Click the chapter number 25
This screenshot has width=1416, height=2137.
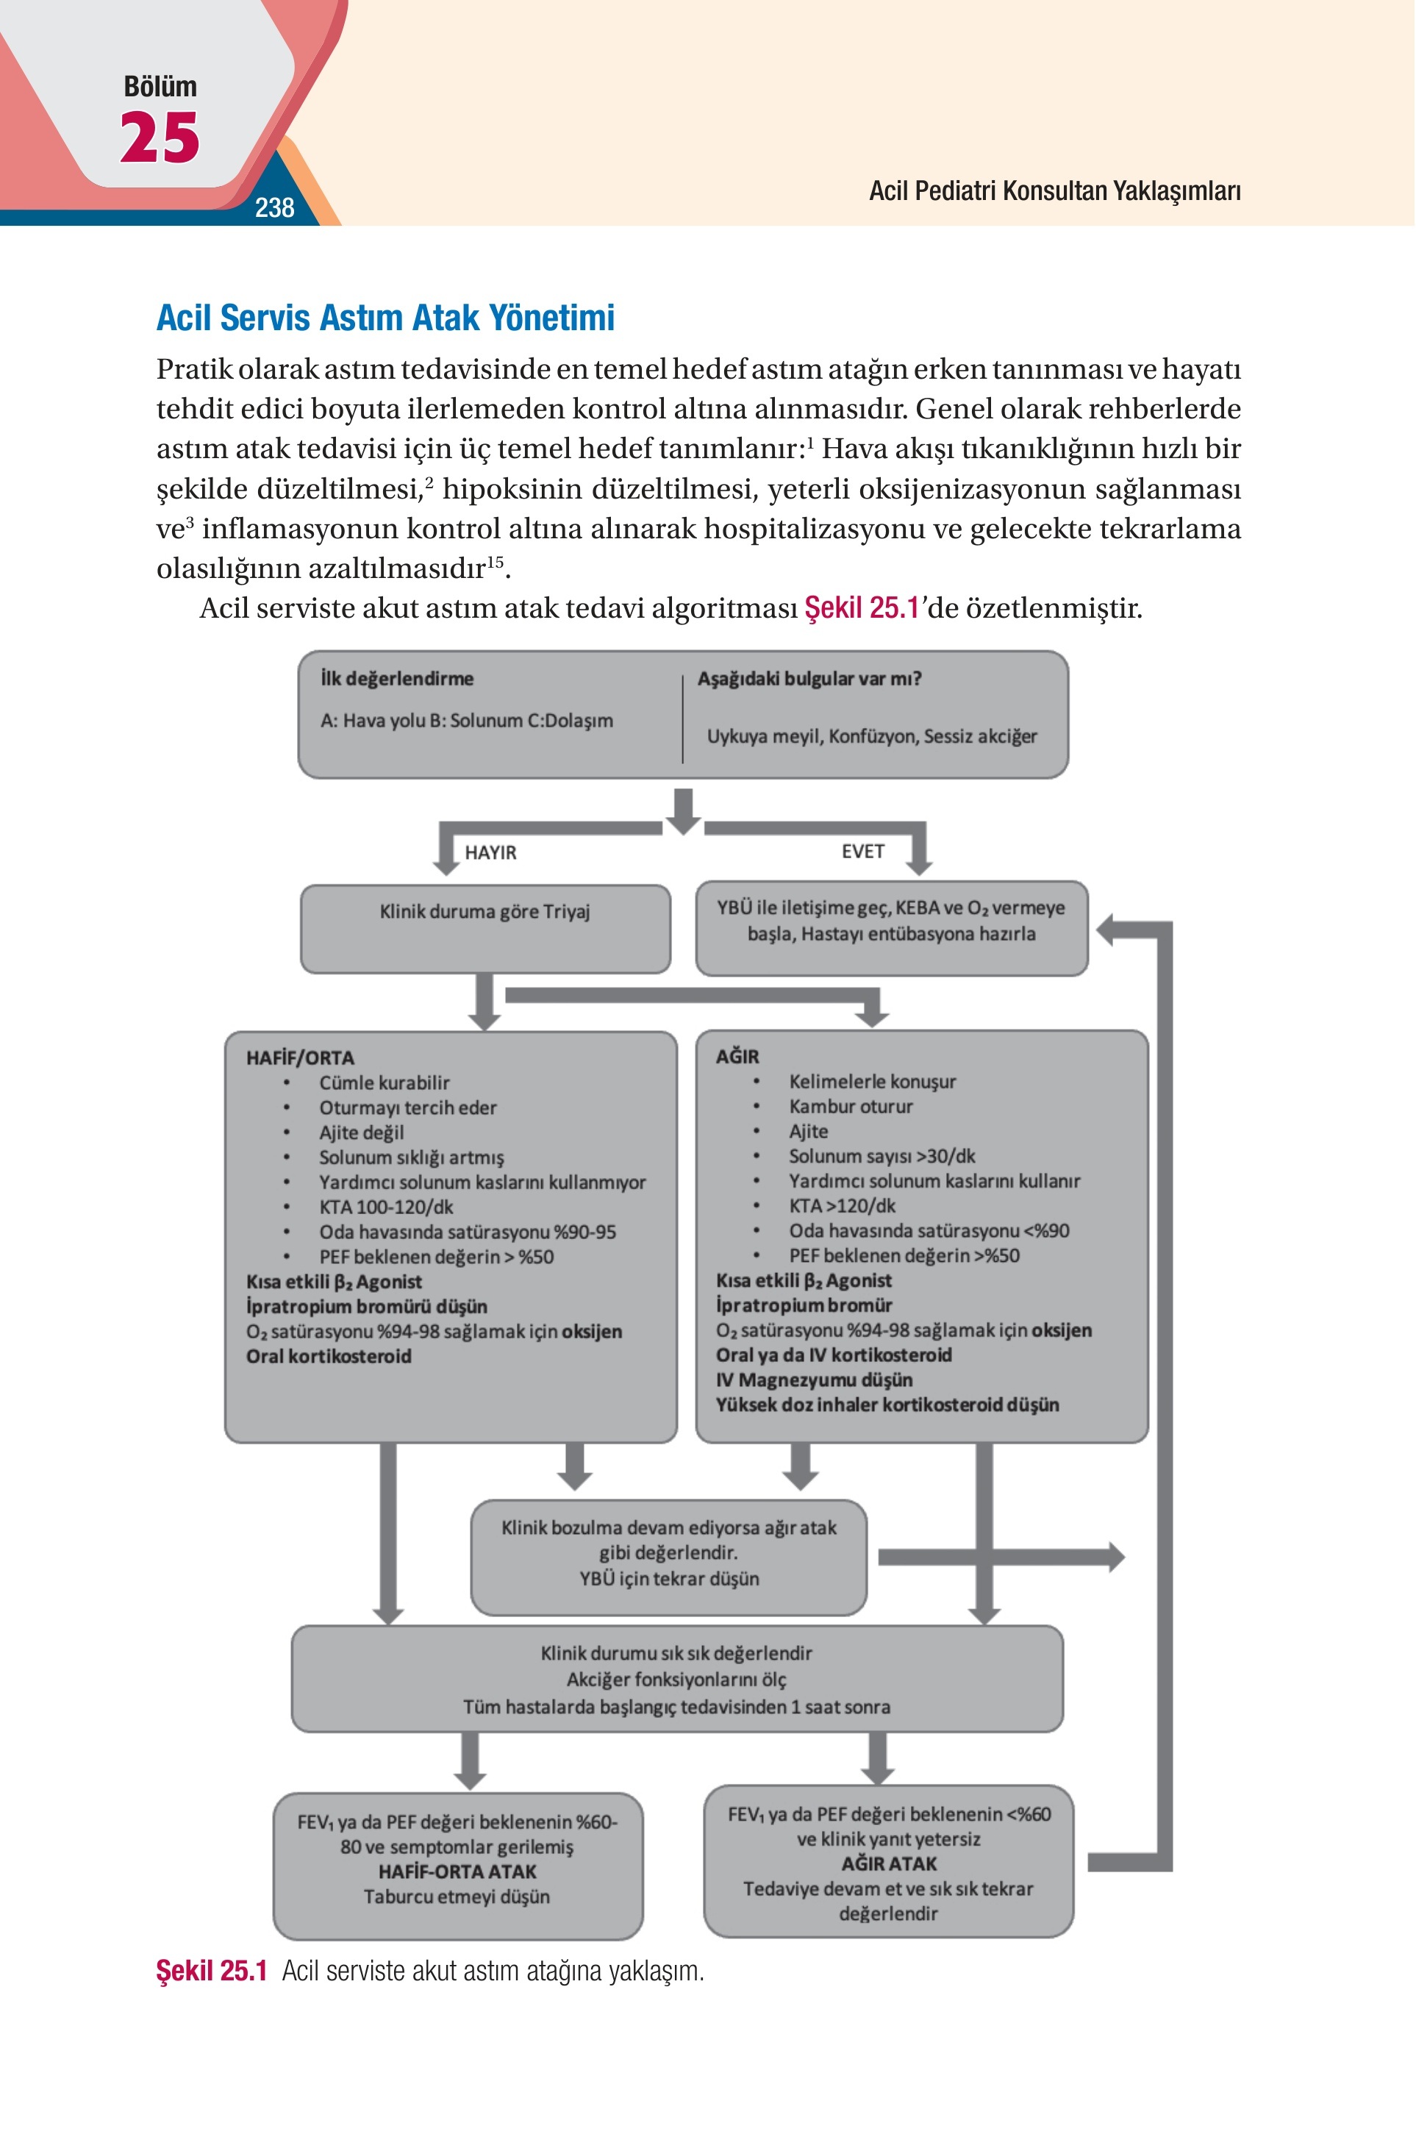[160, 138]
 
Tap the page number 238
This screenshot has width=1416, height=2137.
[274, 207]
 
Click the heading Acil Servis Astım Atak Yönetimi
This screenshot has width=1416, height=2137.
[385, 317]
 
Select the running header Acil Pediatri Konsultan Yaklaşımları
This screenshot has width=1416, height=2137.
[1055, 190]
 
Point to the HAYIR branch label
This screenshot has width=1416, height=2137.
[490, 852]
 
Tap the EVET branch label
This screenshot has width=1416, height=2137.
[862, 851]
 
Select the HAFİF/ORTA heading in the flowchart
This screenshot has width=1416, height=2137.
[300, 1057]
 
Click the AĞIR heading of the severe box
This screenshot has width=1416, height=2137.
[737, 1056]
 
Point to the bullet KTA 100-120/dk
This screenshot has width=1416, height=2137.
[385, 1207]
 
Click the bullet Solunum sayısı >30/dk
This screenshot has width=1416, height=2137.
[882, 1156]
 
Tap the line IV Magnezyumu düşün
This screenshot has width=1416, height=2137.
[814, 1380]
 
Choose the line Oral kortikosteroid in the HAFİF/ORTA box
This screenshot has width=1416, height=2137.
[329, 1356]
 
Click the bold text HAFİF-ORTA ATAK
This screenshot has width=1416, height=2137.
[457, 1872]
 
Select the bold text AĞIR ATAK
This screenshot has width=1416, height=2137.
[889, 1863]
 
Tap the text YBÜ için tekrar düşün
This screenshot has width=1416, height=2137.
[669, 1578]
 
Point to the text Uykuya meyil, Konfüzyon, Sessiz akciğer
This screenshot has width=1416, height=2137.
[871, 736]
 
